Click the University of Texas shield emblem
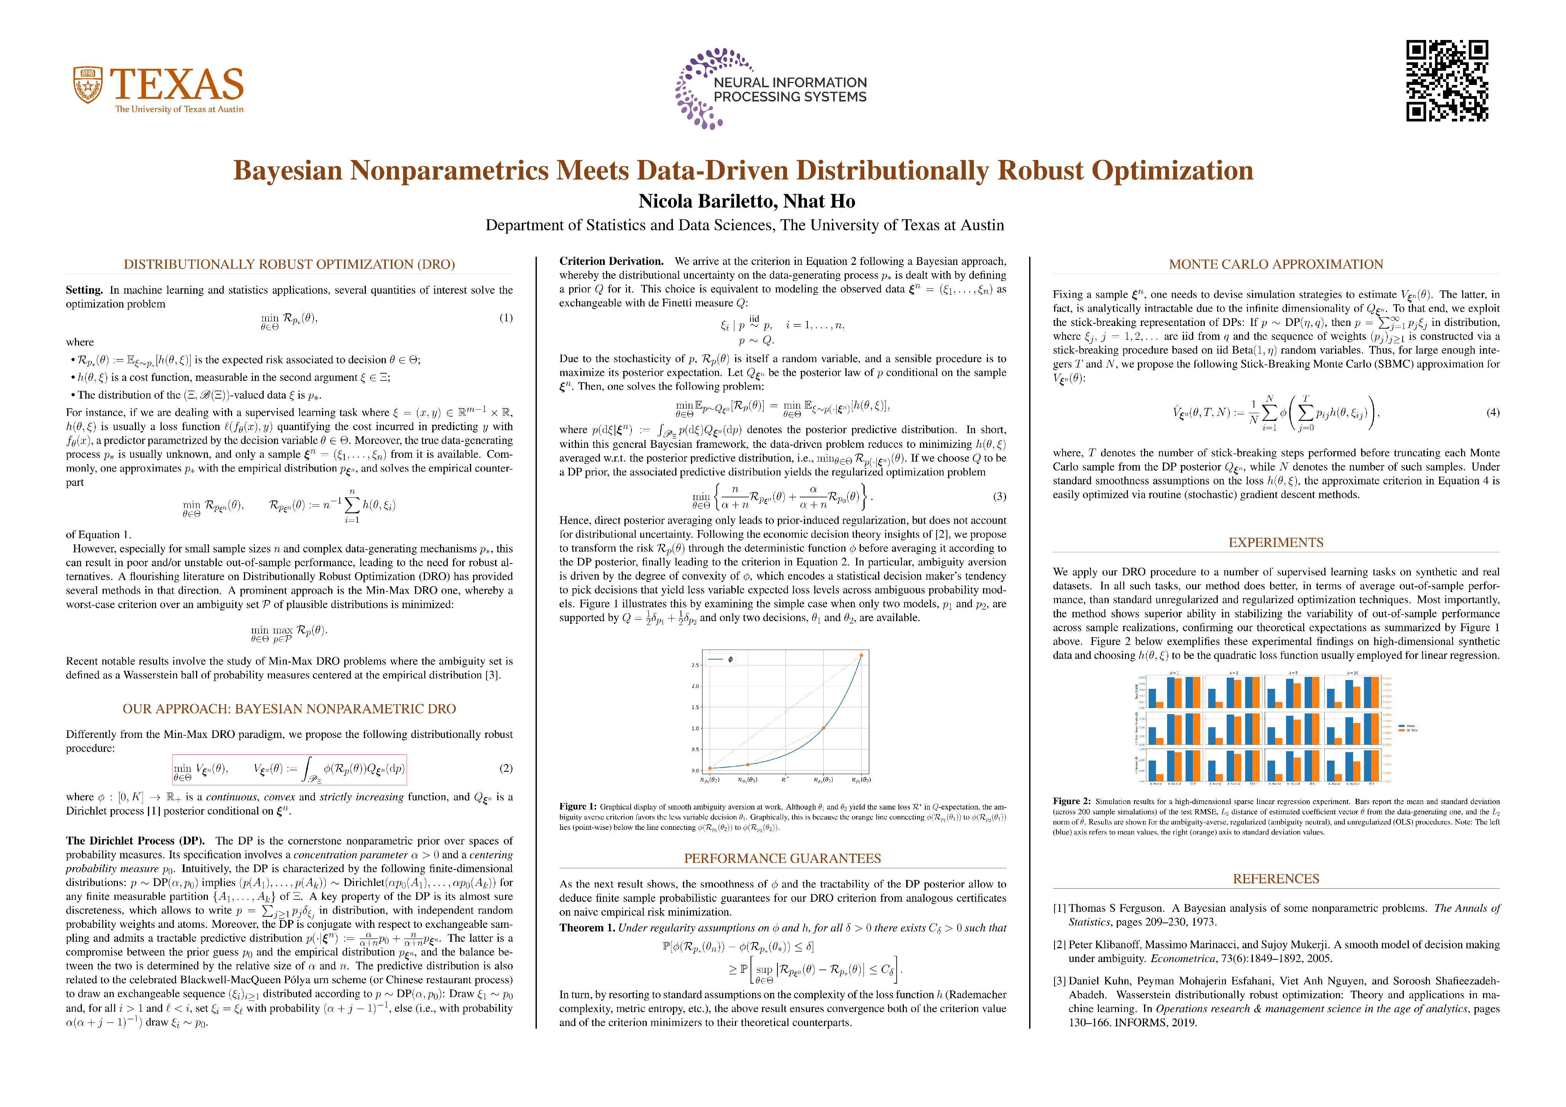pyautogui.click(x=88, y=85)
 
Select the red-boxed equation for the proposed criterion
pyautogui.click(x=289, y=770)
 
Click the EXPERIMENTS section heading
pyautogui.click(x=1275, y=543)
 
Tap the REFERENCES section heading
pyautogui.click(x=1275, y=879)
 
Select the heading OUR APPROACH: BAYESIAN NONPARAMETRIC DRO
pyautogui.click(x=289, y=709)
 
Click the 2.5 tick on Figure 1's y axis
pyautogui.click(x=695, y=665)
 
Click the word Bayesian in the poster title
pyautogui.click(x=288, y=171)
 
